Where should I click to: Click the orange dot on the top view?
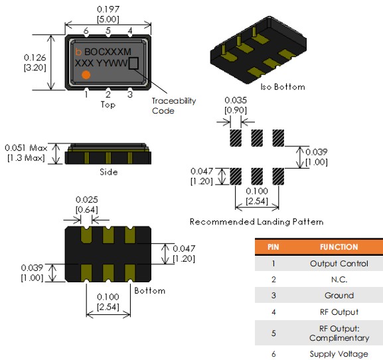(86, 75)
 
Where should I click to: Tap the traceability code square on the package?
(133, 63)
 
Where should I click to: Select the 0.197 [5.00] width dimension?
(108, 14)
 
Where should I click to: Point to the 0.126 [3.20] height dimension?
(35, 62)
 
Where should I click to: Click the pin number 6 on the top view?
(86, 31)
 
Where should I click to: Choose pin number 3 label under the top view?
(130, 94)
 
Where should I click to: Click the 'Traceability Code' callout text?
(174, 106)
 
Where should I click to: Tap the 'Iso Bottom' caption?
(283, 87)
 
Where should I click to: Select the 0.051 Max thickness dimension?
(26, 153)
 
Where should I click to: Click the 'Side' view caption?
(108, 172)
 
